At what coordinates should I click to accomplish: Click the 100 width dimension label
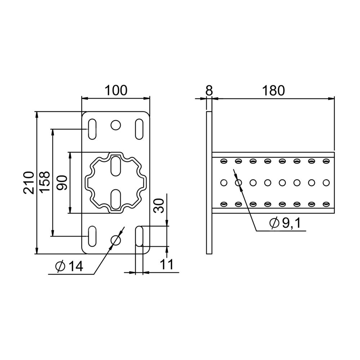click(x=116, y=90)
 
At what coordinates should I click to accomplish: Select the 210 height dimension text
click(x=29, y=183)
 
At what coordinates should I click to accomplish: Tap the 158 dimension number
click(x=44, y=181)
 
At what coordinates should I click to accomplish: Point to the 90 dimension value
click(x=62, y=183)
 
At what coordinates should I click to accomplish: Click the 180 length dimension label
click(x=274, y=90)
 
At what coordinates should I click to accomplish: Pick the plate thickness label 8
click(x=209, y=90)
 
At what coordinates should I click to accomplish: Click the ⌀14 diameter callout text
click(x=69, y=266)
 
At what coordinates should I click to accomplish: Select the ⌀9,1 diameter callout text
click(x=285, y=223)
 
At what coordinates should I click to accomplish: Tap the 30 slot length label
click(x=159, y=206)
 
